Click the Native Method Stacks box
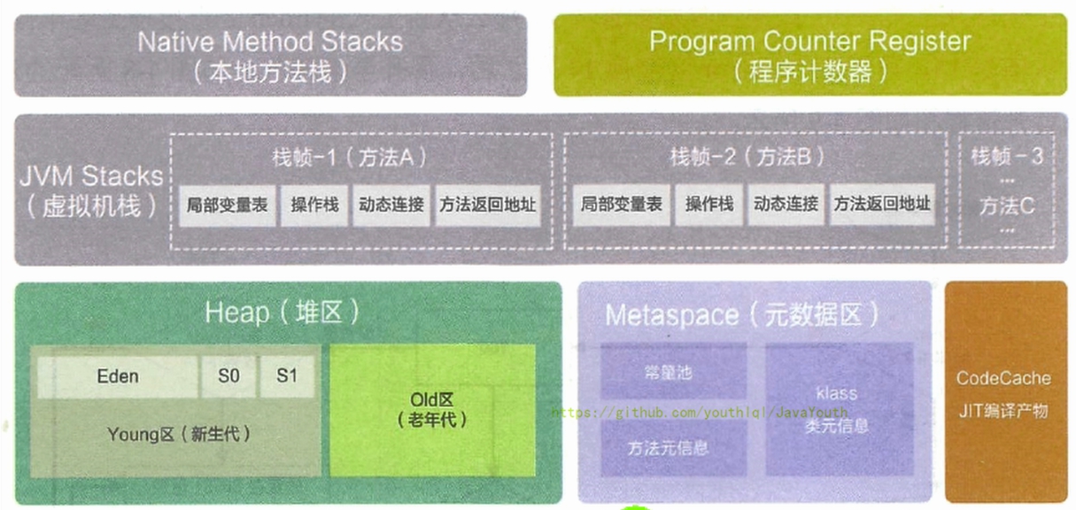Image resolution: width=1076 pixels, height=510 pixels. [270, 55]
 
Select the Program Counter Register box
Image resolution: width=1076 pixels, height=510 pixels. [809, 55]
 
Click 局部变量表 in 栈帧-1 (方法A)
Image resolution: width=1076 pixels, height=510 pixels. [228, 205]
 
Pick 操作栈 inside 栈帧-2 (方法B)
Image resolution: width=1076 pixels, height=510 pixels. [709, 205]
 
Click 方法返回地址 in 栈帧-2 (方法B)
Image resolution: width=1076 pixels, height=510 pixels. [882, 205]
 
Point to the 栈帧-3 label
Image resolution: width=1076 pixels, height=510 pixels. [1007, 157]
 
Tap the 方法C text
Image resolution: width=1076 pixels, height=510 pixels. [1007, 206]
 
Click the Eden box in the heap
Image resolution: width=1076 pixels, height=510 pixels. [117, 376]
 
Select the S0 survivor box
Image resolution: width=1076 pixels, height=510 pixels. [228, 376]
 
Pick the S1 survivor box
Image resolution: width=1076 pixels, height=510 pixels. [287, 376]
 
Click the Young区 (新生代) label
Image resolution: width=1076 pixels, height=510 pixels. [178, 435]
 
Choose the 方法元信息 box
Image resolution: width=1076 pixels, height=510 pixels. [668, 448]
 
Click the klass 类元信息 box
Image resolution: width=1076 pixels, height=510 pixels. [836, 409]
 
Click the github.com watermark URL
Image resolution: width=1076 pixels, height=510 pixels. [700, 413]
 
